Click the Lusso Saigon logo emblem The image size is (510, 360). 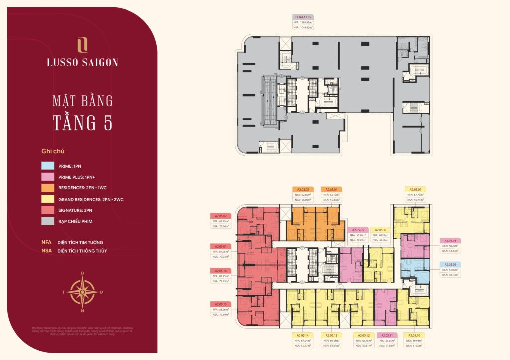[82, 45]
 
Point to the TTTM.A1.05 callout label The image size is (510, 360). [304, 17]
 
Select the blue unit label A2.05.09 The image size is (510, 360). [450, 264]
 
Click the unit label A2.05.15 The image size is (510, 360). [221, 304]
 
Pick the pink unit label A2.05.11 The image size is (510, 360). [387, 335]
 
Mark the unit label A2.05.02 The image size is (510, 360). [221, 215]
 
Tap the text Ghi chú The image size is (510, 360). [53, 151]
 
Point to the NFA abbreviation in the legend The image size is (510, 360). [46, 242]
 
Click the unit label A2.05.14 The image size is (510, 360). [304, 335]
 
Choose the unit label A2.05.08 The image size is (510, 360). [450, 240]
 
